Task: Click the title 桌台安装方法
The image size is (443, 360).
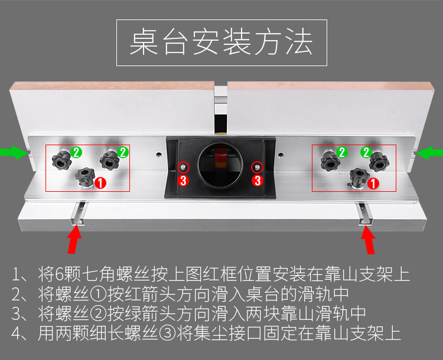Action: pyautogui.click(x=221, y=44)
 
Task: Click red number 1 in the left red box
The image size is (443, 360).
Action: pyautogui.click(x=100, y=182)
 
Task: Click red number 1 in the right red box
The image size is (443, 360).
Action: pyautogui.click(x=373, y=184)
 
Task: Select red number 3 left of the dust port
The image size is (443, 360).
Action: pyautogui.click(x=183, y=181)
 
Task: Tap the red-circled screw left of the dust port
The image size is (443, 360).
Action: pyautogui.click(x=184, y=166)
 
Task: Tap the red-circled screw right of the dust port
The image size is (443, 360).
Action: pyautogui.click(x=258, y=166)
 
